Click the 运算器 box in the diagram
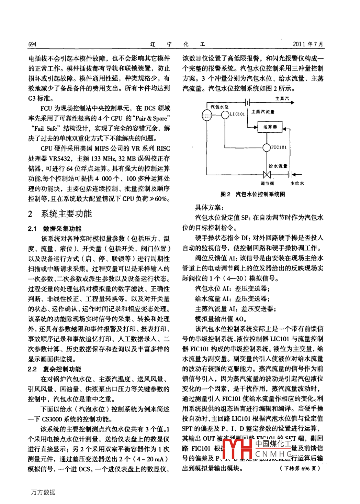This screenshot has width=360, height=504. click(x=270, y=127)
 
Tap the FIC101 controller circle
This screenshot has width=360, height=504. click(x=267, y=147)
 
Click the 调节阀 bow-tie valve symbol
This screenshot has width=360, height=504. click(x=267, y=175)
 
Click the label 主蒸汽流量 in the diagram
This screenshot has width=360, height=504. click(x=263, y=112)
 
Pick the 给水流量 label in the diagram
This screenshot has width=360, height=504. click(x=278, y=166)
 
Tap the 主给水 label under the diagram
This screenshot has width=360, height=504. click(x=297, y=184)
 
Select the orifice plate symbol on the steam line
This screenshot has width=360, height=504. click(x=248, y=102)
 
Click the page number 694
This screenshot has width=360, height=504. click(x=32, y=44)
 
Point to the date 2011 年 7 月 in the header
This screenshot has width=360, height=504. click(x=308, y=44)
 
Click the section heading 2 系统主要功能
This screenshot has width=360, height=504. click(x=60, y=214)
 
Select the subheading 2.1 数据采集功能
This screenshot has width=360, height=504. click(x=55, y=229)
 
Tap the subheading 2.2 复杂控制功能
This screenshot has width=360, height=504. click(x=55, y=369)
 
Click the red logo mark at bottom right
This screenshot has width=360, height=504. click(x=237, y=449)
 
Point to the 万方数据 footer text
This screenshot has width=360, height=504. click(x=43, y=492)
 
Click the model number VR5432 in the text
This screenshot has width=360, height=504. click(x=60, y=158)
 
